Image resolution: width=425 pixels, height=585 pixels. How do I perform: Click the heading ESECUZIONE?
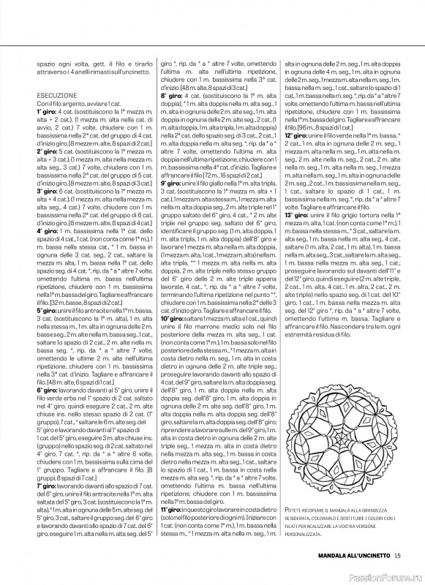coord(56,95)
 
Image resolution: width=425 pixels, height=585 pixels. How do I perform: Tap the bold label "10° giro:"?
coord(174,318)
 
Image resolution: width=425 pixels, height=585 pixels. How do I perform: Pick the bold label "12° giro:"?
coord(297,135)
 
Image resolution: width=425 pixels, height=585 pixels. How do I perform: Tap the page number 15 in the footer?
coord(397,556)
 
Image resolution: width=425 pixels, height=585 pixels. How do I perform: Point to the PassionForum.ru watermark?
coord(388,575)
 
